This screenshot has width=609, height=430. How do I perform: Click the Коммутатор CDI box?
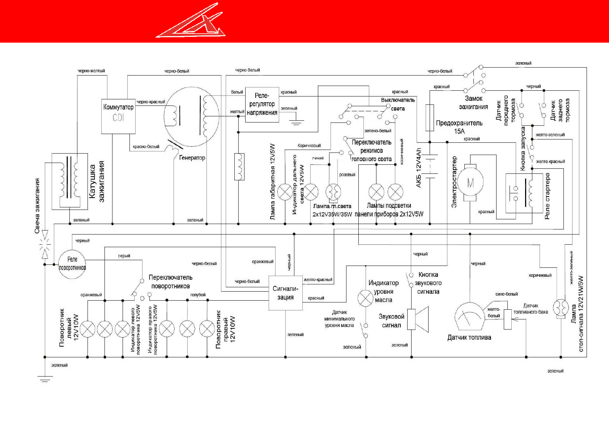click(x=118, y=116)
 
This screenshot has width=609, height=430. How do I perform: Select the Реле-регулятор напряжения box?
click(x=262, y=104)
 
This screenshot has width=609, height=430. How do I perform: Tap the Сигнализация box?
click(x=285, y=293)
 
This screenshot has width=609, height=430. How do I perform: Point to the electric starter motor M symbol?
click(x=470, y=183)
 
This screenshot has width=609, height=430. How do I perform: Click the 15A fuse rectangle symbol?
click(x=430, y=117)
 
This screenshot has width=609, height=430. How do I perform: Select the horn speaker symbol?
click(x=418, y=319)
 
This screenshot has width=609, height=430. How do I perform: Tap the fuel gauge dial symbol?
click(x=469, y=317)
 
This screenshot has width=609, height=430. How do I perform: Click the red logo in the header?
click(x=191, y=22)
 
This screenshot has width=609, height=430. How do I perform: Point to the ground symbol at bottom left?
click(x=45, y=379)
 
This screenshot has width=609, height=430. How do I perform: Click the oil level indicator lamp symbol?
click(x=365, y=298)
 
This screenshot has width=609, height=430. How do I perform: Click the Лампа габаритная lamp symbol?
click(x=285, y=192)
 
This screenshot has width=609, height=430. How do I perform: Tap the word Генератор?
click(x=192, y=158)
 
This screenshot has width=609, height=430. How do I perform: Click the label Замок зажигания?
click(x=473, y=103)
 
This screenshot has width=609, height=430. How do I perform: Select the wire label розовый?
click(x=347, y=175)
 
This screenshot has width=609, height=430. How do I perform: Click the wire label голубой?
click(x=198, y=295)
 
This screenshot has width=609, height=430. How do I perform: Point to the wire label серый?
click(x=124, y=256)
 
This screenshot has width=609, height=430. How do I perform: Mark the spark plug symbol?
click(x=45, y=244)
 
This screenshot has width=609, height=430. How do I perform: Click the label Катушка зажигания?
click(x=97, y=181)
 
